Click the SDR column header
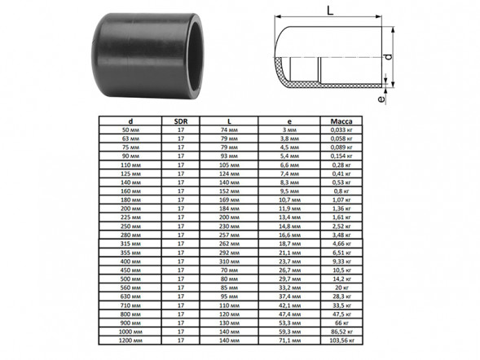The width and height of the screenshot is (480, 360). [x=181, y=121]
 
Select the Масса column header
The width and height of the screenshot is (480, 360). [x=341, y=121]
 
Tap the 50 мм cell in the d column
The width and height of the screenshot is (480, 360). [x=130, y=130]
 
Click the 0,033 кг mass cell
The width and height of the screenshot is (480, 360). [x=341, y=130]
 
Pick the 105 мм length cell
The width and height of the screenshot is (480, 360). [x=229, y=165]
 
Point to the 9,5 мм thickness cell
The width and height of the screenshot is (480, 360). [x=289, y=191]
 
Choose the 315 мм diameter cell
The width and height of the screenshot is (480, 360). [x=130, y=244]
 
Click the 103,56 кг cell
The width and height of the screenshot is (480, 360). [x=341, y=340]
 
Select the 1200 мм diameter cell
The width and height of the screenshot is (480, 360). [x=130, y=340]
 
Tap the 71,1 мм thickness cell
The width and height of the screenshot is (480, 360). [x=289, y=340]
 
